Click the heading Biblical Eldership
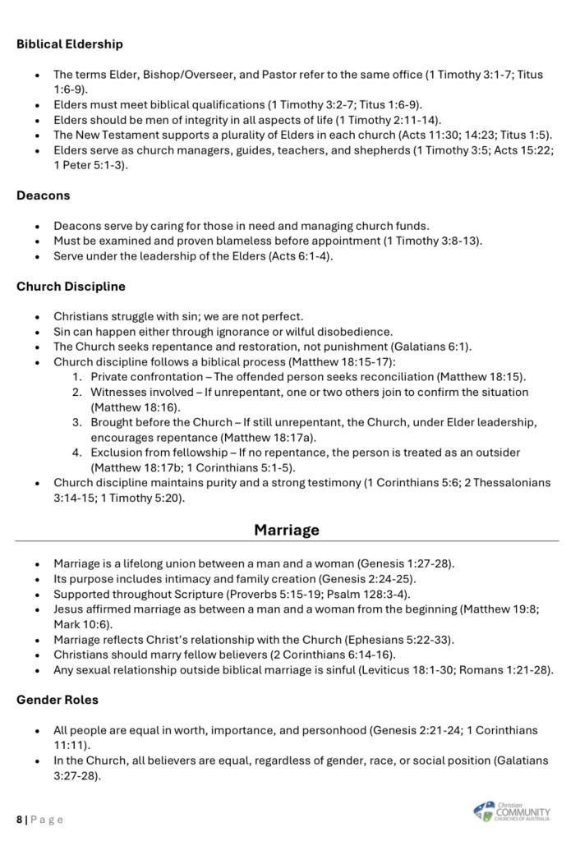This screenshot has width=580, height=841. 70,44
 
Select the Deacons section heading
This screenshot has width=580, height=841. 43,195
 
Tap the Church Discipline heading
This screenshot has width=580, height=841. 71,287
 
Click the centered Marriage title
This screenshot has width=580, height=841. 287,530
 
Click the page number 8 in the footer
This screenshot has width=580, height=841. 20,819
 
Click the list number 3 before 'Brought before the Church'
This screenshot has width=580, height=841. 75,422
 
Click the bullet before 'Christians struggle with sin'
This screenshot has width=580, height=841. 38,316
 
